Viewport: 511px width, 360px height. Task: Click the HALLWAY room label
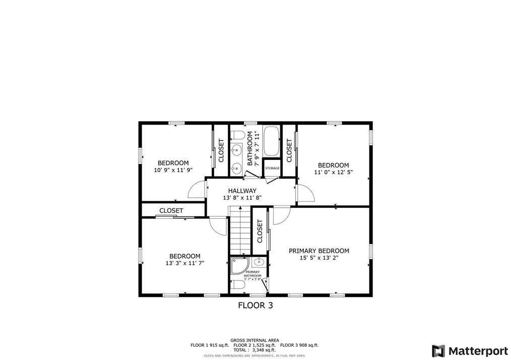click(242, 191)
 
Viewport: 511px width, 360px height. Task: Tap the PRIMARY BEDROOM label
click(318, 251)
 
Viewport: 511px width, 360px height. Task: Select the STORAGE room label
click(272, 168)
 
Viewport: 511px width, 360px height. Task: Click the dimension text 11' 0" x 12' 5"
click(334, 172)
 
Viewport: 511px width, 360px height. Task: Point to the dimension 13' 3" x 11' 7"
click(185, 263)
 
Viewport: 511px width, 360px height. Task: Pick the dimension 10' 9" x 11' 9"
click(173, 170)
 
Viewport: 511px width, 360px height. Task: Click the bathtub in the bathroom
click(271, 141)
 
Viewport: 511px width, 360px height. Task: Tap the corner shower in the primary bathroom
click(240, 265)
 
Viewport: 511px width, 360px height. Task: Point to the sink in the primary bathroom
click(259, 262)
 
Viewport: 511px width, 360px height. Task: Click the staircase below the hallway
click(240, 230)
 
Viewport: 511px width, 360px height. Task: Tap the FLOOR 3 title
click(255, 306)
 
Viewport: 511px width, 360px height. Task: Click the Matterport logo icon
click(438, 351)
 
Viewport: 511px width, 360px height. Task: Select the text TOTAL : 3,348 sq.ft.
click(254, 350)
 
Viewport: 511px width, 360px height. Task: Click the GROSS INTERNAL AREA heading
click(254, 340)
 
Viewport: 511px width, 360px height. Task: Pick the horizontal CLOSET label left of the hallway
click(171, 211)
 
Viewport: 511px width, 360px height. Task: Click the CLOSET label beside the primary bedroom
click(260, 231)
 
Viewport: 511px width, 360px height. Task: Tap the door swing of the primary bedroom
click(282, 216)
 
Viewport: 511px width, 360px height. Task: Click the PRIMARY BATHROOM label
click(252, 274)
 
